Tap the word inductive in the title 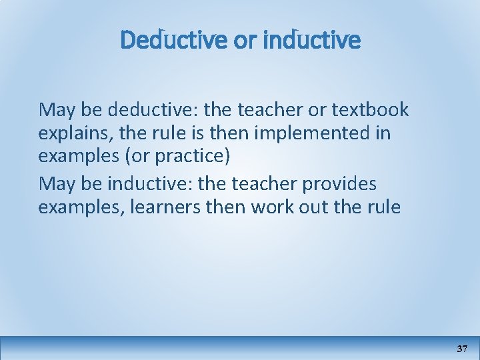312,41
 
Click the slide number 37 462,349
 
